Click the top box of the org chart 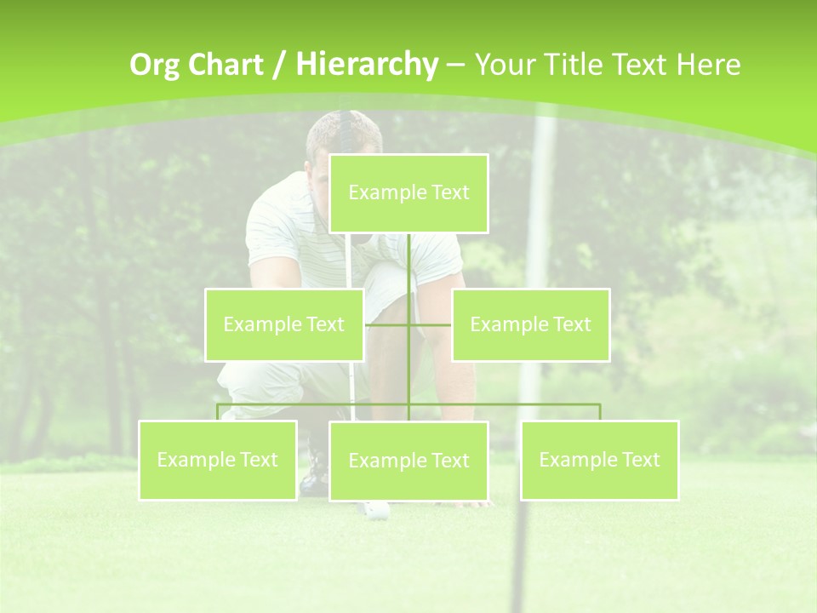[408, 193]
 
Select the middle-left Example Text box [284, 324]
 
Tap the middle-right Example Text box [530, 324]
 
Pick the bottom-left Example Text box [218, 460]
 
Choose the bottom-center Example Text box [408, 461]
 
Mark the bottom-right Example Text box [599, 460]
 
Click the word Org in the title [154, 65]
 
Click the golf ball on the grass [375, 510]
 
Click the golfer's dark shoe [315, 473]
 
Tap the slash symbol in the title [277, 65]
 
